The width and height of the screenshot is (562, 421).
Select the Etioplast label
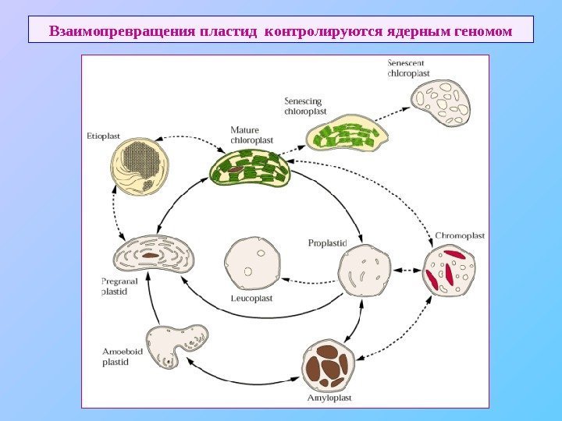tap(102, 135)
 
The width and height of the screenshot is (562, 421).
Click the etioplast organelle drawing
tap(140, 166)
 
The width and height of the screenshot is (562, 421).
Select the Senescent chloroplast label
tap(409, 68)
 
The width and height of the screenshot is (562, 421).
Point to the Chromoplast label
tap(460, 234)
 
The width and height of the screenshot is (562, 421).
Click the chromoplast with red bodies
tap(450, 270)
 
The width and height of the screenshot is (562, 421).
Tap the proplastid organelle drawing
tap(364, 271)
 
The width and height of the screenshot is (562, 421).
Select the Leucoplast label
tap(251, 296)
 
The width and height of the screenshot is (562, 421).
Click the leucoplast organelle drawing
tap(252, 263)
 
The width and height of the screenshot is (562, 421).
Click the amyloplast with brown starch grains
tap(329, 365)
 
